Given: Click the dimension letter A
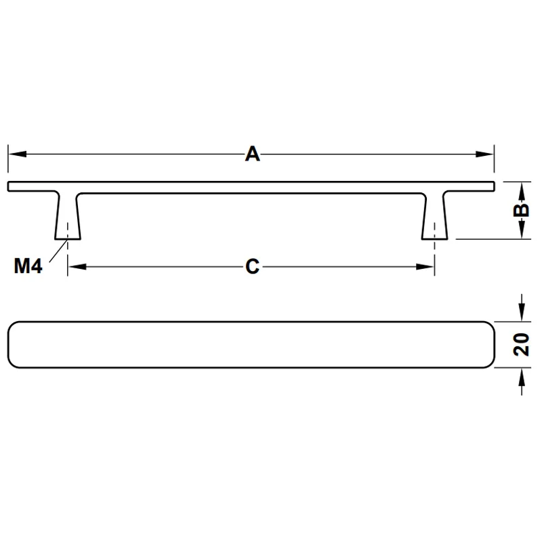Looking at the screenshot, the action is click(252, 154).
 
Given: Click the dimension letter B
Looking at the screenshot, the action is click(521, 210).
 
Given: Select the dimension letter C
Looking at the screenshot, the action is click(252, 267).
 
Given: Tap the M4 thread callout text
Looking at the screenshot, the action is click(28, 266).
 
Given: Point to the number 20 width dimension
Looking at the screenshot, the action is click(521, 345).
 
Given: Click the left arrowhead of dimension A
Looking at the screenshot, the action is click(18, 154).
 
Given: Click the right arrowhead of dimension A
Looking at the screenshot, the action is click(484, 154).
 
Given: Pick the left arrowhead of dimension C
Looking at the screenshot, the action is click(77, 267).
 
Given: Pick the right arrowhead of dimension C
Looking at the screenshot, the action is click(425, 267).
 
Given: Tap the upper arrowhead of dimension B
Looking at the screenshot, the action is click(522, 191).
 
